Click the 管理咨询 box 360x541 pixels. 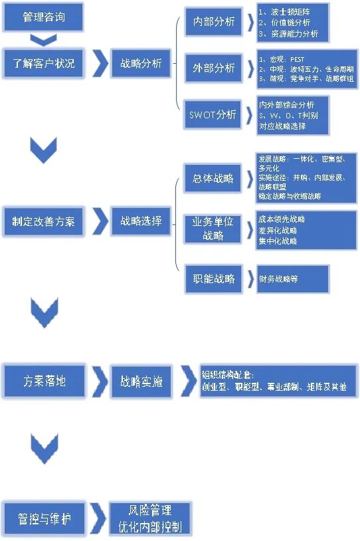pyautogui.click(x=44, y=17)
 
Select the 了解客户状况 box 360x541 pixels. pyautogui.click(x=44, y=64)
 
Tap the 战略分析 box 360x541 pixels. pyautogui.click(x=140, y=64)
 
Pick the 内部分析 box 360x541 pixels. pyautogui.click(x=213, y=22)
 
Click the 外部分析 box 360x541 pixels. pyautogui.click(x=213, y=68)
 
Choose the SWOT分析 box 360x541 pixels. pyautogui.click(x=213, y=114)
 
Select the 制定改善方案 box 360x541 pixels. pyautogui.click(x=44, y=221)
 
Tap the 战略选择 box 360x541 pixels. pyautogui.click(x=140, y=221)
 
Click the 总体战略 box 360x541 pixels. pyautogui.click(x=213, y=178)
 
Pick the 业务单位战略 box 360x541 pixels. pyautogui.click(x=213, y=229)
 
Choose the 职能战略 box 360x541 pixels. pyautogui.click(x=213, y=279)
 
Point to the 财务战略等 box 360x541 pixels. pyautogui.click(x=293, y=279)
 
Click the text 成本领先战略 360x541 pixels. pyautogui.click(x=282, y=219)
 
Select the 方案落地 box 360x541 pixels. pyautogui.click(x=44, y=382)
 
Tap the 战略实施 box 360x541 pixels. pyautogui.click(x=140, y=382)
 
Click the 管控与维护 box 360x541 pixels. pyautogui.click(x=44, y=519)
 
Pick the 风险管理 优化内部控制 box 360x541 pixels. pyautogui.click(x=149, y=519)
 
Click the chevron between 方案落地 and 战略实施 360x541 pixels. pyautogui.click(x=100, y=382)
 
